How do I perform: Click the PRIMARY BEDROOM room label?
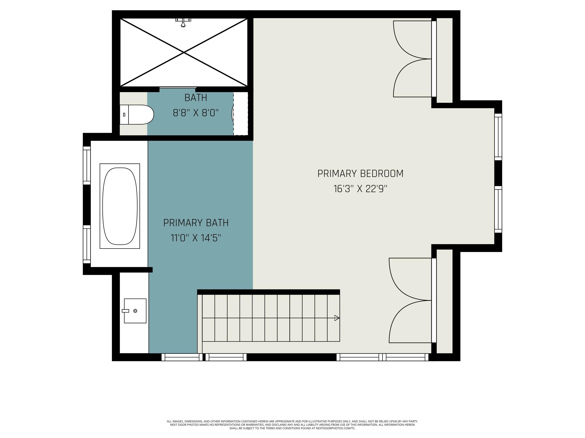pyautogui.click(x=360, y=173)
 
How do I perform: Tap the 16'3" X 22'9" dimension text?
pyautogui.click(x=360, y=189)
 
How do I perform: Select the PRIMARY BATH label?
pyautogui.click(x=196, y=223)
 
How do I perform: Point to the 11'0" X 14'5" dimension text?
pyautogui.click(x=196, y=238)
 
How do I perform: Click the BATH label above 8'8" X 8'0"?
pyautogui.click(x=196, y=98)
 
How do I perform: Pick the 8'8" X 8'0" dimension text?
pyautogui.click(x=196, y=113)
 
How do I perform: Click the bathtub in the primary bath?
pyautogui.click(x=120, y=206)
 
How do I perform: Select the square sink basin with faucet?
pyautogui.click(x=135, y=311)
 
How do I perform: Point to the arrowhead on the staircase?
pyautogui.click(x=337, y=318)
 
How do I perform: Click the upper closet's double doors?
pyautogui.click(x=413, y=59)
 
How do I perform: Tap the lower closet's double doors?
pyautogui.click(x=410, y=300)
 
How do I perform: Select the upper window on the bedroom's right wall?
pyautogui.click(x=498, y=137)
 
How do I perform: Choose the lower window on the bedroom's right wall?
pyautogui.click(x=498, y=209)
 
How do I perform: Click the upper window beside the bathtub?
pyautogui.click(x=87, y=165)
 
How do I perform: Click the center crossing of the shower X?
pyautogui.click(x=184, y=53)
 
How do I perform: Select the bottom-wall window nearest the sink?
pyautogui.click(x=182, y=357)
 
